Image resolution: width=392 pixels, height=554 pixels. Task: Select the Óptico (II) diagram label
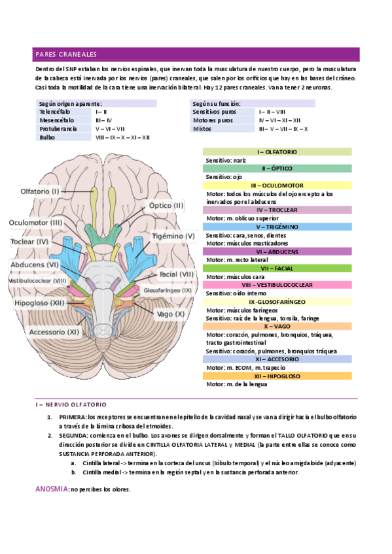coord(167,205)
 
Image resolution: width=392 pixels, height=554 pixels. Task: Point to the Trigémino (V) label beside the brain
coord(173,236)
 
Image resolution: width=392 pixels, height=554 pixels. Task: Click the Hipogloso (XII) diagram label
coord(39,303)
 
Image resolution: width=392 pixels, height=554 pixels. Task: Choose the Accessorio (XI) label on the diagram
coord(54,332)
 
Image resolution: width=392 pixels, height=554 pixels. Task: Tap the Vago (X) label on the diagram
coord(171,314)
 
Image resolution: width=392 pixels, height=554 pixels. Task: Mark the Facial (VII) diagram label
coord(177,274)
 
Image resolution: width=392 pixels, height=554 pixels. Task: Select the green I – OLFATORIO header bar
coord(277,152)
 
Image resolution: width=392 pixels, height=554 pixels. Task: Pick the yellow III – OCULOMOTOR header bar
coord(277,186)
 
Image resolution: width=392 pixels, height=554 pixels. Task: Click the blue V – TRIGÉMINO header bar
coord(277,227)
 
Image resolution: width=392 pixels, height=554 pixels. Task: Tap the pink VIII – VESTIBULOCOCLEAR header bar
coord(277,285)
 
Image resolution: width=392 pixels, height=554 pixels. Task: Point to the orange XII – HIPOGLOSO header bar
coord(277,376)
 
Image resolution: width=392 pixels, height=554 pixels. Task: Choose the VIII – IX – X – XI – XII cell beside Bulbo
coord(123,137)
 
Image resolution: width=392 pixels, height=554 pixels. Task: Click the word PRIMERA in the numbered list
coord(72,416)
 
